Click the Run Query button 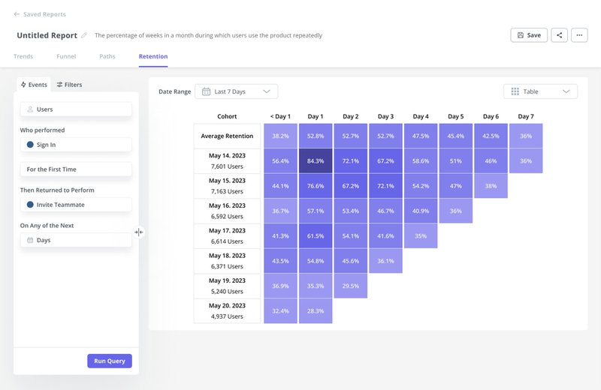[110, 361]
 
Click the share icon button [559, 35]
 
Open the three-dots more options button [579, 35]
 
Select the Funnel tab [66, 56]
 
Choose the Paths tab [107, 56]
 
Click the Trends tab [23, 56]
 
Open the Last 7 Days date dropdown [236, 91]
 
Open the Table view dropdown [540, 91]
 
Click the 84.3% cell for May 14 [316, 160]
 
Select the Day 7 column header [526, 116]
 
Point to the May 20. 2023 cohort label [227, 306]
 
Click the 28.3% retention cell [316, 311]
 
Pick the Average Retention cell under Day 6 [491, 136]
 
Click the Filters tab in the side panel [69, 85]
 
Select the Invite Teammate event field [76, 205]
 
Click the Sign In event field [76, 145]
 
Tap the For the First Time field [76, 169]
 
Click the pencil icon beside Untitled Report [84, 35]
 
